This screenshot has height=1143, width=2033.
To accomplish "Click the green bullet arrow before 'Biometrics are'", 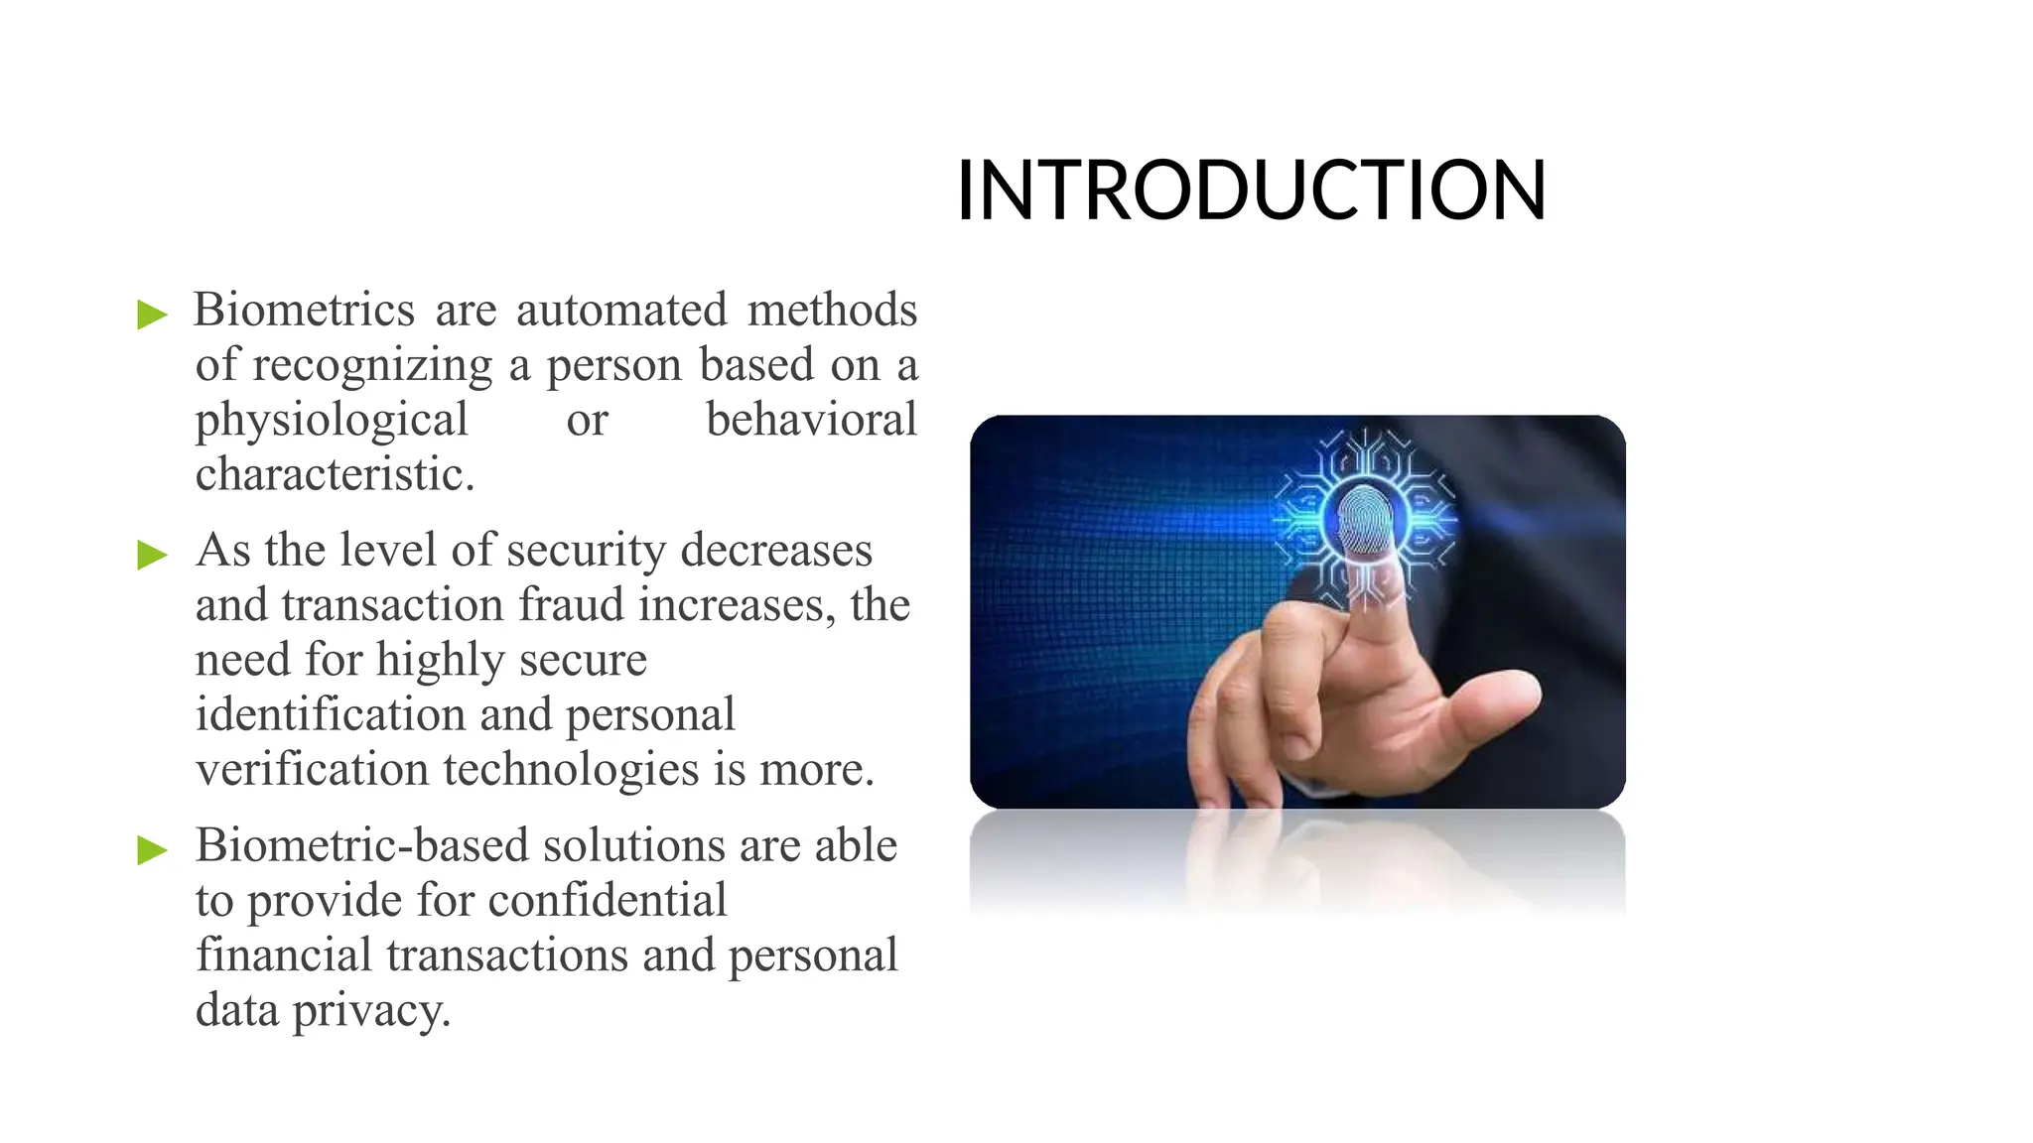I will (x=152, y=316).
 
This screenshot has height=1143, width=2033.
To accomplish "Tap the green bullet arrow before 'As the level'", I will (x=152, y=555).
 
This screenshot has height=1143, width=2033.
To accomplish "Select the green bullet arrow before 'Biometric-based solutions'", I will (x=152, y=849).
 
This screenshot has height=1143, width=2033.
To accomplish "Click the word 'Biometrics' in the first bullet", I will (x=304, y=310).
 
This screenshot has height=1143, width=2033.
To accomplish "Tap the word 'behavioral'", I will (x=811, y=419).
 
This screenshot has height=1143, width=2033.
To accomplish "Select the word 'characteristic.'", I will (x=335, y=474).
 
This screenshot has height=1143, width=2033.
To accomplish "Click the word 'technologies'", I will (x=571, y=769).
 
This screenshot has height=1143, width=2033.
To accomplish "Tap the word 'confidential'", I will (x=608, y=900).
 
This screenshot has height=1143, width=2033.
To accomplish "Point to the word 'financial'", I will (x=283, y=954).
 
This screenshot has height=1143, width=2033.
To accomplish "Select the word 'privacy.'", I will (x=372, y=1011).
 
